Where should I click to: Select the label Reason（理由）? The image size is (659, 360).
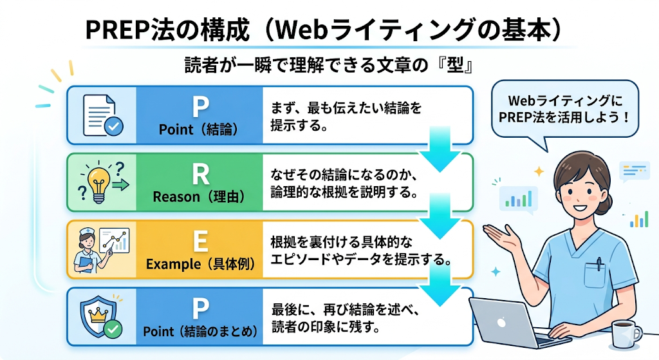pyautogui.click(x=198, y=197)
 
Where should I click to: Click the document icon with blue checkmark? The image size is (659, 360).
pyautogui.click(x=102, y=115)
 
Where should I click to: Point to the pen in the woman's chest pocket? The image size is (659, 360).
pyautogui.click(x=599, y=265)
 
